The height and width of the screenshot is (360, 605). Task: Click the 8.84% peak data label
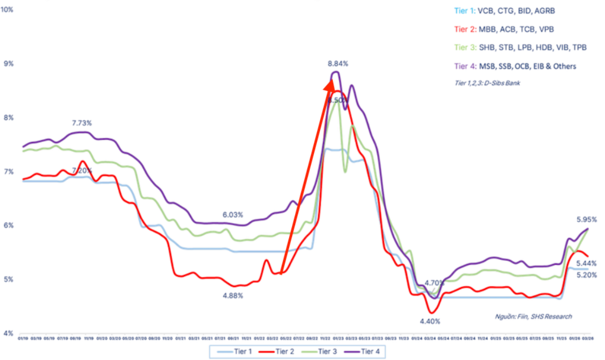pos(337,63)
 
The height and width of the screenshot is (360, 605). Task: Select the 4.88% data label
pos(233,295)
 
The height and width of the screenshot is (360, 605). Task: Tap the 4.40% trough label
pos(430,321)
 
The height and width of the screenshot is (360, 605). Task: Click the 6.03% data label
pos(233,214)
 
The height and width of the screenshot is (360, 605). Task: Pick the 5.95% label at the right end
pos(586,219)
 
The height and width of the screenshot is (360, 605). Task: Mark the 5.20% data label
pos(586,274)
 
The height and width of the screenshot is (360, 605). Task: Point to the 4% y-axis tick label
pos(9,333)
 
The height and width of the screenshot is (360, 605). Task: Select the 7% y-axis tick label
pos(9,172)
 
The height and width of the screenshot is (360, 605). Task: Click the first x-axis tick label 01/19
pos(23,338)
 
